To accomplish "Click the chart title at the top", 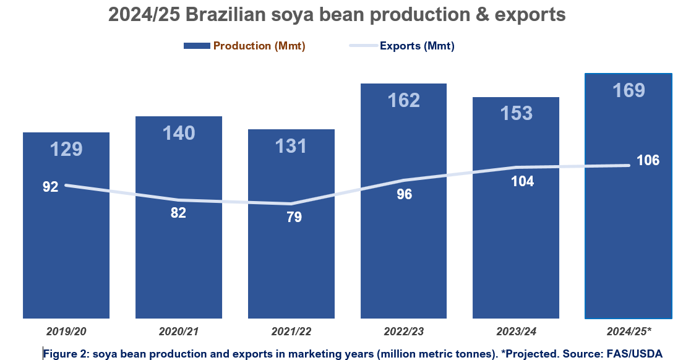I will click(337, 14).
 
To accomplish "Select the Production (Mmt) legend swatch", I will click(196, 46).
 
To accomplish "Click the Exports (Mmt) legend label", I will click(417, 46).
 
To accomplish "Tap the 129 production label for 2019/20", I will click(66, 149).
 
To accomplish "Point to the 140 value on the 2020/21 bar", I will click(179, 132).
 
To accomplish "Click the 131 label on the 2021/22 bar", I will click(291, 146).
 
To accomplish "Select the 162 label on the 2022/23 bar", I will click(403, 100).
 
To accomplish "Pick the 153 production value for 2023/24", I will click(516, 113).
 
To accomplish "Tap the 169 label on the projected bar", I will click(629, 91).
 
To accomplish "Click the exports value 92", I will click(50, 186).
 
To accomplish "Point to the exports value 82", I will click(178, 213).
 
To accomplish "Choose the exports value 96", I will click(404, 194).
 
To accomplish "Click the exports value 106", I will click(648, 160).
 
